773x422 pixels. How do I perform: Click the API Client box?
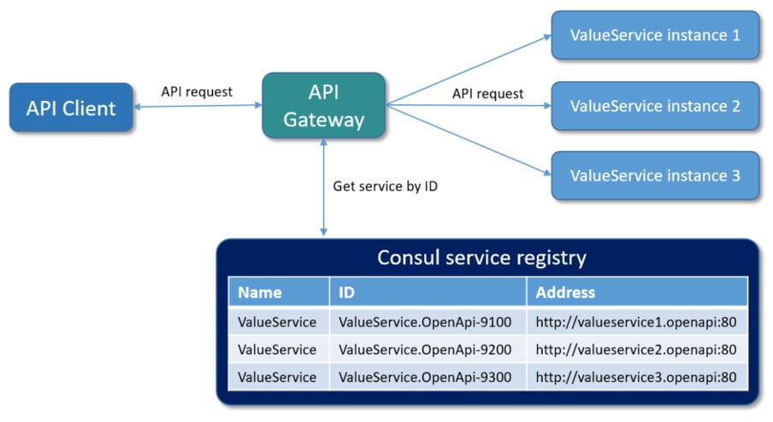pos(71,108)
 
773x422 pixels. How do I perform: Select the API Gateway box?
pos(323,106)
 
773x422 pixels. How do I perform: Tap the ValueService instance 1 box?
pos(654,35)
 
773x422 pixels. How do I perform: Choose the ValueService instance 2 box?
pos(654,106)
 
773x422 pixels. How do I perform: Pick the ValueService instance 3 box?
pos(654,176)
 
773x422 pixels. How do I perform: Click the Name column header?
pos(259,292)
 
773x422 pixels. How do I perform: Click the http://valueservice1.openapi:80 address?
pos(636,322)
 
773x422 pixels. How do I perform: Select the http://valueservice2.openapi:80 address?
pos(636,349)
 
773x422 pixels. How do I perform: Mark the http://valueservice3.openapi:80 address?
pos(636,376)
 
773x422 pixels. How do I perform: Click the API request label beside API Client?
pos(197,91)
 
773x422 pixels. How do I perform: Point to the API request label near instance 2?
pos(487,93)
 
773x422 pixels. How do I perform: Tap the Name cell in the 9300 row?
pos(277,376)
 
